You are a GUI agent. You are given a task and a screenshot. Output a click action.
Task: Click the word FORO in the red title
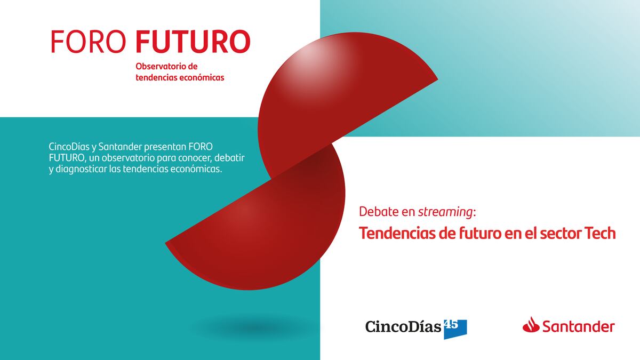coord(89,42)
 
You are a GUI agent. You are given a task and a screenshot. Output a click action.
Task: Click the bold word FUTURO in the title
coord(193,42)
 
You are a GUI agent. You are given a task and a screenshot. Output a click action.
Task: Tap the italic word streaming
coord(445,212)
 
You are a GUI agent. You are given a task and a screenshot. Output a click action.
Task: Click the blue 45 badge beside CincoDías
coord(455,329)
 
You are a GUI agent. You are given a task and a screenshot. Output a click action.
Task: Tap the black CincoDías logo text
coord(403,326)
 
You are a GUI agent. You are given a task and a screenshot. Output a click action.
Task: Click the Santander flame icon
coord(531,325)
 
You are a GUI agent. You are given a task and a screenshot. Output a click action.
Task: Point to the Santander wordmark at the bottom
coord(579,326)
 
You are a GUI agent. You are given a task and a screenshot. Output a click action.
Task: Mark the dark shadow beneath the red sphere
coord(254,329)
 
